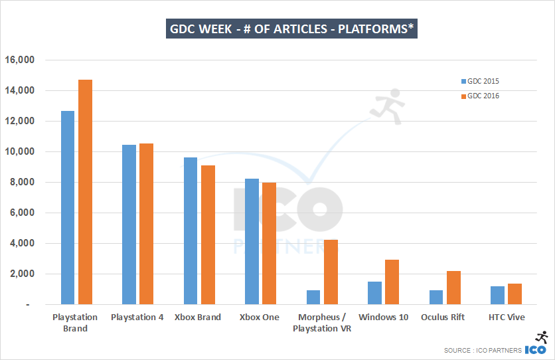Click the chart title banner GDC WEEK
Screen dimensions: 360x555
(x=291, y=29)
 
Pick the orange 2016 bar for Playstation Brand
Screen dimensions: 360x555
(x=85, y=192)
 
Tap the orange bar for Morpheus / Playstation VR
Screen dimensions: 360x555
(x=330, y=272)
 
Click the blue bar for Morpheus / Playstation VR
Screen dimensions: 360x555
(x=313, y=297)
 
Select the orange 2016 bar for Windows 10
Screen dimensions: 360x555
(x=392, y=282)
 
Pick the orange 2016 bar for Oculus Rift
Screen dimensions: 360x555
(x=453, y=288)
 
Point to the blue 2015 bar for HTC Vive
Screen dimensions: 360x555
(x=497, y=295)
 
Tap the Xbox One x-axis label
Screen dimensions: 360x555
(x=260, y=317)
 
